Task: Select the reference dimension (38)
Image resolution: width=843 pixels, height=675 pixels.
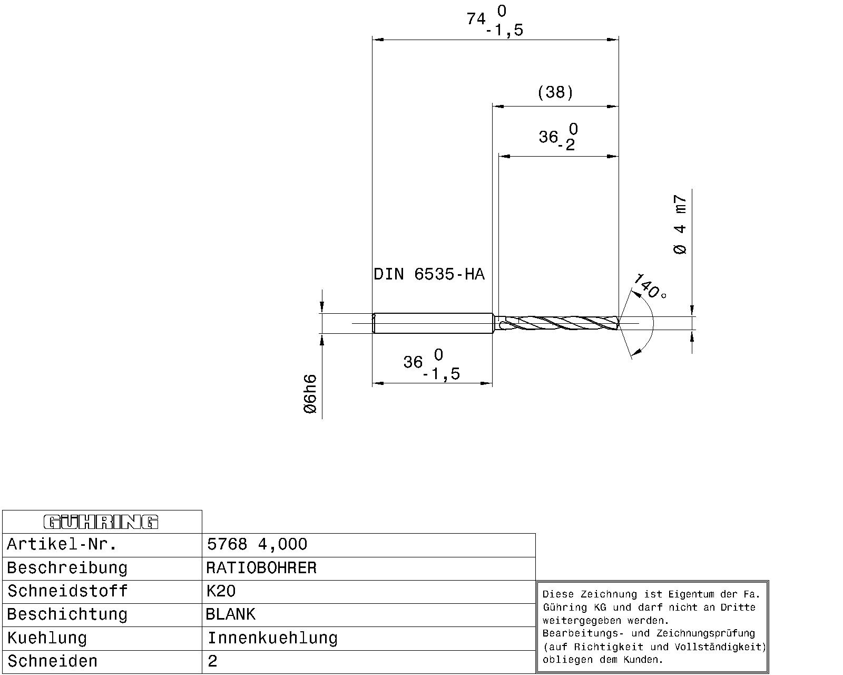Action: coord(555,93)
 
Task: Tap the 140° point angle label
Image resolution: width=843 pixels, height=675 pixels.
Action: coord(649,286)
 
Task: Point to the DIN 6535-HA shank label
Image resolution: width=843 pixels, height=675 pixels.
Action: coord(429,274)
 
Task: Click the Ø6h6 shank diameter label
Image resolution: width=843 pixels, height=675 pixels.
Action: coord(310,394)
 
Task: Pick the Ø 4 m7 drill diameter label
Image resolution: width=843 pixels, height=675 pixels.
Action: coord(680,224)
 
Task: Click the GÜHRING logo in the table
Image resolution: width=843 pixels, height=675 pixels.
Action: coord(101,522)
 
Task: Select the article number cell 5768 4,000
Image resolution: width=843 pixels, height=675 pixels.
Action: coord(257,544)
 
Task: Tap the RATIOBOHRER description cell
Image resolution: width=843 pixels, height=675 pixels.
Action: coord(261,568)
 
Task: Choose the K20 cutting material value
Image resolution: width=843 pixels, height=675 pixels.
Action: coord(221,591)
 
